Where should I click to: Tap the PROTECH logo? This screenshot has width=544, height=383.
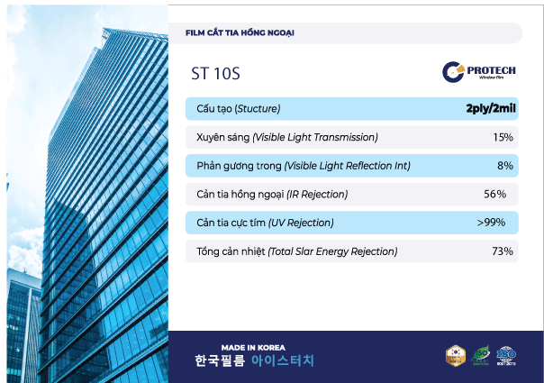click(477, 71)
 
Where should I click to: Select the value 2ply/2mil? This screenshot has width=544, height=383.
click(489, 109)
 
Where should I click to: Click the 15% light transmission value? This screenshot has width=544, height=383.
click(503, 138)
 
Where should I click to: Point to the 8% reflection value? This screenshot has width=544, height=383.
click(504, 166)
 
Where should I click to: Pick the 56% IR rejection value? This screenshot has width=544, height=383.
click(494, 194)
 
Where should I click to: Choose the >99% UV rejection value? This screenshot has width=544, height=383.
click(491, 223)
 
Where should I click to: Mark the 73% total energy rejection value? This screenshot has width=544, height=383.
click(502, 251)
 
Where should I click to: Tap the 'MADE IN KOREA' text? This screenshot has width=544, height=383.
click(253, 347)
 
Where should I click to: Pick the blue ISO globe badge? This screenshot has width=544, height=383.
click(507, 355)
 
